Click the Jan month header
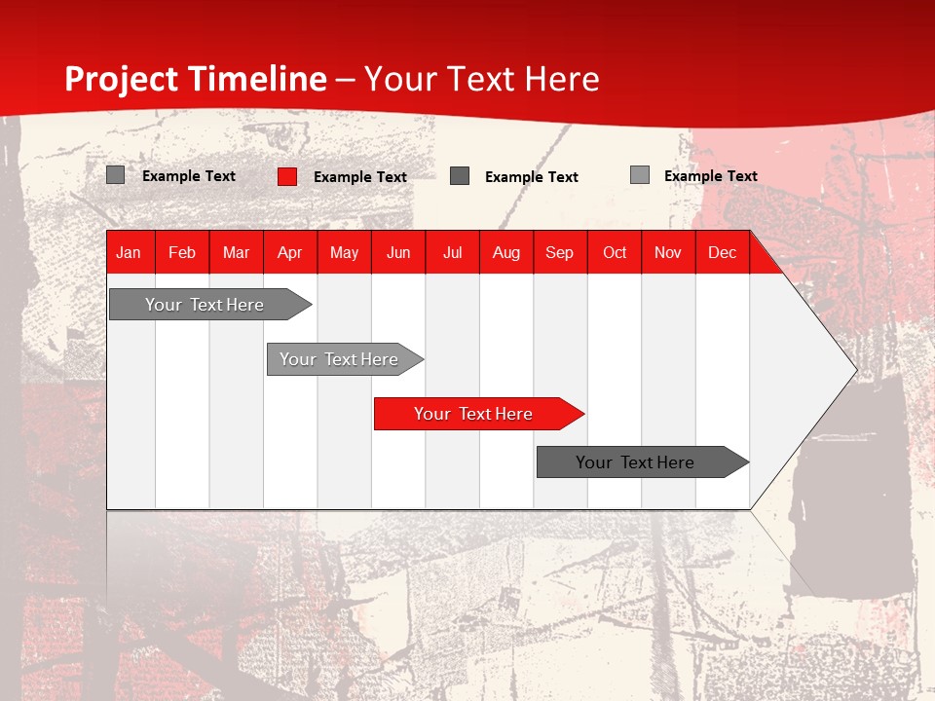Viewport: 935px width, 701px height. pyautogui.click(x=129, y=253)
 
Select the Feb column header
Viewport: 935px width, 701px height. pyautogui.click(x=182, y=253)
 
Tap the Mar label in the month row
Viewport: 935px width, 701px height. pyautogui.click(x=236, y=253)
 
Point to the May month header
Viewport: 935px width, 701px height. pyautogui.click(x=344, y=253)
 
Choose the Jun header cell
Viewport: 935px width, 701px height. pyautogui.click(x=398, y=253)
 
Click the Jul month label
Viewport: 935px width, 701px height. pyautogui.click(x=453, y=253)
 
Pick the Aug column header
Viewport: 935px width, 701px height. pyautogui.click(x=506, y=253)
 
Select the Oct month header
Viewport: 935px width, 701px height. pyautogui.click(x=615, y=253)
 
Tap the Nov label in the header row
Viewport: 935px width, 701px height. pyautogui.click(x=668, y=253)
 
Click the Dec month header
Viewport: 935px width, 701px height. pyautogui.click(x=722, y=253)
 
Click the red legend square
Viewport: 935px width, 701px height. pyautogui.click(x=287, y=176)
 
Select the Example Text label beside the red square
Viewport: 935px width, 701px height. pyautogui.click(x=360, y=177)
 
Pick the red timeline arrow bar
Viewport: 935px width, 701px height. pyautogui.click(x=479, y=414)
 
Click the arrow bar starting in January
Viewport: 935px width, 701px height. pyautogui.click(x=210, y=304)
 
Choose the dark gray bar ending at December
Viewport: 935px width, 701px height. pyautogui.click(x=643, y=461)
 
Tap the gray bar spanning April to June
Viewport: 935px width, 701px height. pyautogui.click(x=345, y=359)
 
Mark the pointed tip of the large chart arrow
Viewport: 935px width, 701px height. pyautogui.click(x=857, y=370)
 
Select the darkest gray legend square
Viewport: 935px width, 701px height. pyautogui.click(x=460, y=176)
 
